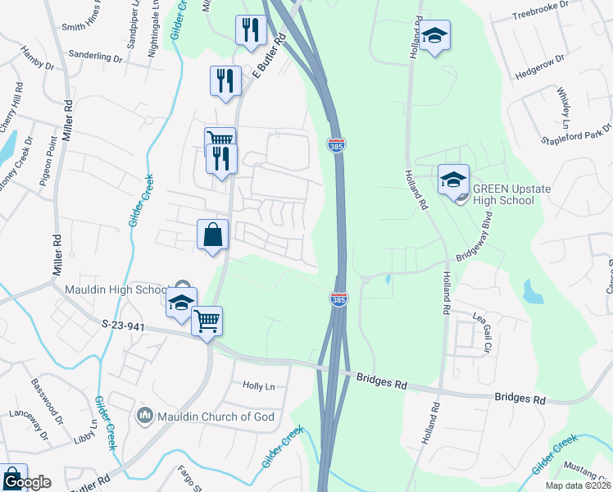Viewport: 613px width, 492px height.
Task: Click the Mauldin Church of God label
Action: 216,417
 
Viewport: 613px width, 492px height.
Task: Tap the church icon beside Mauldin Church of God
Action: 145,417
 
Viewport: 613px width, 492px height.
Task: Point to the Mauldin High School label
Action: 116,289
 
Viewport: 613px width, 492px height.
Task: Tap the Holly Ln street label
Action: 258,385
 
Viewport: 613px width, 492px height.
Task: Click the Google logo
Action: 26,481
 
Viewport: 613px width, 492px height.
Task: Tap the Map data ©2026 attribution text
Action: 579,485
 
